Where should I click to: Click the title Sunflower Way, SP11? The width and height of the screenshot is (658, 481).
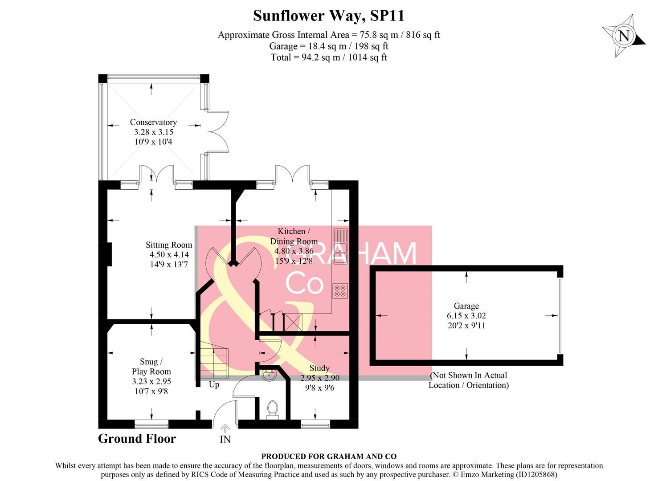[328, 16]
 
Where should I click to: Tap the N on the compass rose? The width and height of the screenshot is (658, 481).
[624, 36]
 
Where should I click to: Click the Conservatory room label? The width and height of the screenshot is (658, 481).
[153, 122]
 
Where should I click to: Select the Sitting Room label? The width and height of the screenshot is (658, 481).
[169, 245]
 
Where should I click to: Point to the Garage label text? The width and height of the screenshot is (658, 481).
[466, 306]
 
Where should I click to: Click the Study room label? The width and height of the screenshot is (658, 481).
[319, 368]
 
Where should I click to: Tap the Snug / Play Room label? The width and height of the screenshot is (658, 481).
[151, 367]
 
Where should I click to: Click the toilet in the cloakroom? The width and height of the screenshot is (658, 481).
[272, 409]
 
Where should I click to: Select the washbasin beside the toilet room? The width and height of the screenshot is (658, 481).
[269, 376]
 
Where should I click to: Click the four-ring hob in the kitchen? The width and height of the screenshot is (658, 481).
[340, 291]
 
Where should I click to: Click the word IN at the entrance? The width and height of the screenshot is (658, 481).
[225, 440]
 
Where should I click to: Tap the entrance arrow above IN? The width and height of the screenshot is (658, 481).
[225, 428]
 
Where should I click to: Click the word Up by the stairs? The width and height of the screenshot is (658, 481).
[214, 384]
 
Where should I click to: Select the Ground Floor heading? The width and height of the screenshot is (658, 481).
[137, 439]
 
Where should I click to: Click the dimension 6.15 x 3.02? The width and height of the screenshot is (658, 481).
[466, 316]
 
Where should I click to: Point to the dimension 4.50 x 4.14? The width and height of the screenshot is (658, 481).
[169, 254]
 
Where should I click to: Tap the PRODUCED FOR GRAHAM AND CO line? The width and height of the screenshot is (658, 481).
[328, 456]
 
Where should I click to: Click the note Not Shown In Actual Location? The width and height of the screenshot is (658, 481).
[468, 380]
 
